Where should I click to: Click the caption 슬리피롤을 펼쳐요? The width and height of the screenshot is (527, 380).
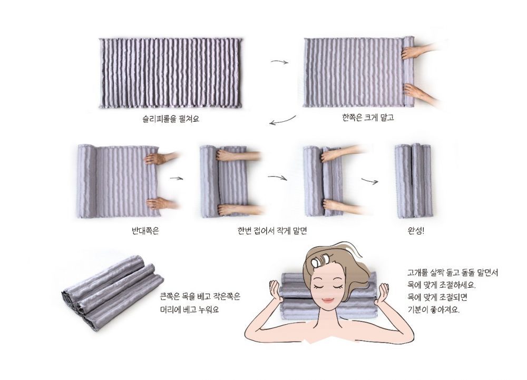171,119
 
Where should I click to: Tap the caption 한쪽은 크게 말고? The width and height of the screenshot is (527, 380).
368,117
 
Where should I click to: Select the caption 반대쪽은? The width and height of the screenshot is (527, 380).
145,230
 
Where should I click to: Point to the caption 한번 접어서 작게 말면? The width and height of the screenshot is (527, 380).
272,230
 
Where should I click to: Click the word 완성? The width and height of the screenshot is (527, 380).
416,231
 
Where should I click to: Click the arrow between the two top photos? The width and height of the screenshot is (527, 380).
280,62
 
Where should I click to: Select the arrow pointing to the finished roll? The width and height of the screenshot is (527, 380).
370,181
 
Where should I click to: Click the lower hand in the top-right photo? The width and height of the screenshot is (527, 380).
420,93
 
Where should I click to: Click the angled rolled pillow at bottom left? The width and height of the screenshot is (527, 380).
113,291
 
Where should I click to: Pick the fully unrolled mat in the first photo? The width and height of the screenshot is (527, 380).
171,73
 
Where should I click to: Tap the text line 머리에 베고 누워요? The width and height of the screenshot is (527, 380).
189,309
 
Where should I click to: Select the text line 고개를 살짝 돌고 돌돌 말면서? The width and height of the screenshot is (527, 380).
452,273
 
